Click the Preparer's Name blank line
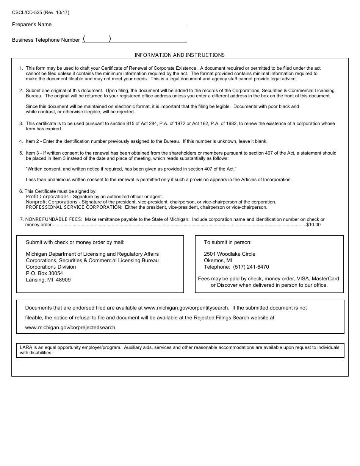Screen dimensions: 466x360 (x=120, y=25)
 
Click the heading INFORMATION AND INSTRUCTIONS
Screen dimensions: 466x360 (x=180, y=55)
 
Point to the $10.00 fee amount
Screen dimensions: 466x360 (x=313, y=225)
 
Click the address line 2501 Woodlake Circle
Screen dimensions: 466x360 (x=230, y=254)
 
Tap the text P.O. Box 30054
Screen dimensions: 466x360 (x=44, y=273)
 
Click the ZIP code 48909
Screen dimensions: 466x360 (x=64, y=280)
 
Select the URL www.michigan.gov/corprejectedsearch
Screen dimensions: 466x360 (x=71, y=327)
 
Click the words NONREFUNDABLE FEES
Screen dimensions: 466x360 (x=53, y=219)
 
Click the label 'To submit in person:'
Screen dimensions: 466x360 (x=228, y=242)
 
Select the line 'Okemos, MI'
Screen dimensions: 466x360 (x=218, y=260)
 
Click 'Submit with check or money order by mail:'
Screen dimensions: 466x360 (x=75, y=242)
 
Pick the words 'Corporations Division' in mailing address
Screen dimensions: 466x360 (x=51, y=267)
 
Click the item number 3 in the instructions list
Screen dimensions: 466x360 (x=21, y=124)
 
